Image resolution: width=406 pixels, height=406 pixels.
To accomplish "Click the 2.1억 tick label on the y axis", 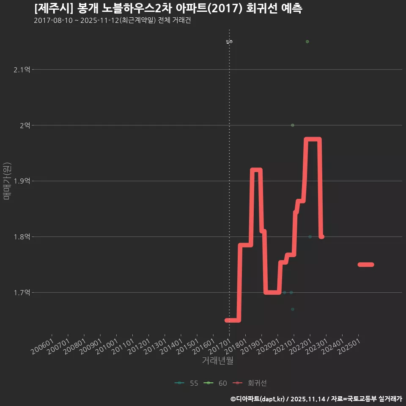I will click(22, 69).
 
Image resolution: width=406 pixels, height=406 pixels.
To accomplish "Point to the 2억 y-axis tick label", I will click(25, 125).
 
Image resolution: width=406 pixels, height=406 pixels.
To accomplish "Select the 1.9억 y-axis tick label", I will click(22, 181).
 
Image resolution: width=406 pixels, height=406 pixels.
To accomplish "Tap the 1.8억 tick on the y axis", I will click(22, 237).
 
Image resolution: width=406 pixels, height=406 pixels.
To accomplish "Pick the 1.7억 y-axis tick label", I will click(22, 293).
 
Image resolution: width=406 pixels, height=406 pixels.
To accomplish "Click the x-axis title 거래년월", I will click(218, 361).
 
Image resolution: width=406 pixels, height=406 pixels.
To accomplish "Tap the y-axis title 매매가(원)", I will click(6, 181).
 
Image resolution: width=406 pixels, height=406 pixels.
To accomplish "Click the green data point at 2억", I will click(293, 125).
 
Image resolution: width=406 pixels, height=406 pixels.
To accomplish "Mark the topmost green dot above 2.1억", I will click(307, 41).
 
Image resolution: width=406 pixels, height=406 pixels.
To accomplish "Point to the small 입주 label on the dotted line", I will click(229, 41).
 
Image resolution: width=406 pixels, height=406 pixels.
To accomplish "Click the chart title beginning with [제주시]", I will click(168, 8).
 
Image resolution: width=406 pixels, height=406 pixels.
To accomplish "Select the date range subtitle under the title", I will click(112, 20).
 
